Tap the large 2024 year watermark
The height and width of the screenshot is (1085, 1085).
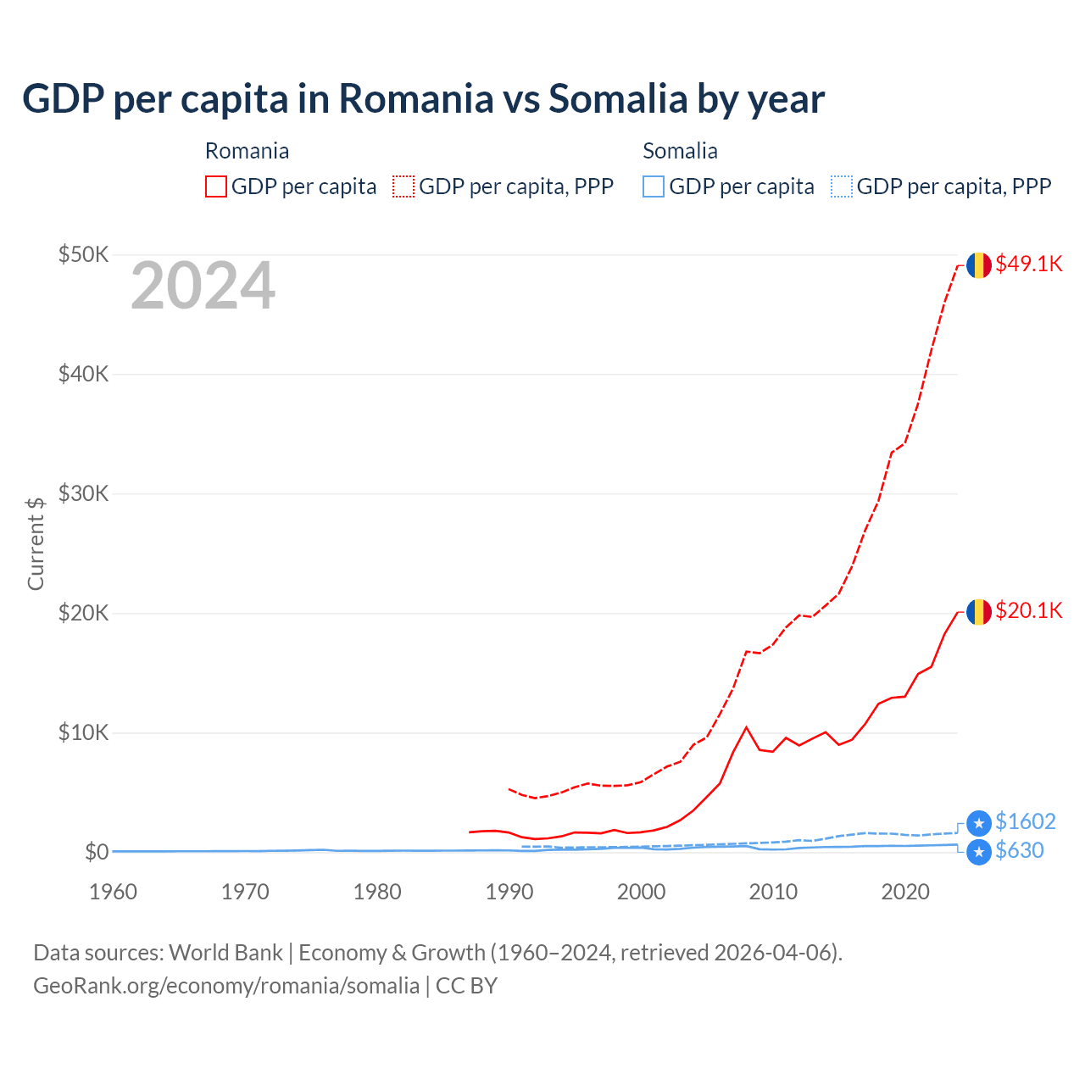point(203,287)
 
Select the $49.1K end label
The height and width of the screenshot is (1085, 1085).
point(1028,264)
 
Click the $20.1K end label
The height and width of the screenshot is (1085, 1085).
point(1028,610)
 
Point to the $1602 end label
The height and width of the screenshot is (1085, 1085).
point(1025,821)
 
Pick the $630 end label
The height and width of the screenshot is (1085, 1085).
point(1019,850)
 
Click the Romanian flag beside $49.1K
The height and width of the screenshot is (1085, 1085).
point(979,265)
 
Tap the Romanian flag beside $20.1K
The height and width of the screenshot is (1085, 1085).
point(979,612)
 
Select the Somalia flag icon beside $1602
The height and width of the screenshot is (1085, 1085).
point(979,823)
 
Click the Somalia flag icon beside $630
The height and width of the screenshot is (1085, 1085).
point(979,852)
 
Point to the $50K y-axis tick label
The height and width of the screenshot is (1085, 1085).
point(83,254)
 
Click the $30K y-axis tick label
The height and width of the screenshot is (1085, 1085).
point(83,493)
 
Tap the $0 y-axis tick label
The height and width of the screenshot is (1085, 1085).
point(97,852)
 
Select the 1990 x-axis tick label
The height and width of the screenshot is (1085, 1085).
point(509,892)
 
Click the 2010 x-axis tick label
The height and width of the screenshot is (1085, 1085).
point(773,892)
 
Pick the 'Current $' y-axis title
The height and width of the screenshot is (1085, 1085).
point(36,543)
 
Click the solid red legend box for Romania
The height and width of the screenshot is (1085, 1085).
point(216,186)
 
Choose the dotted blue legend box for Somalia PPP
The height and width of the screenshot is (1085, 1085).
point(842,186)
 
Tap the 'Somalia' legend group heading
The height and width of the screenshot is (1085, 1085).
point(680,151)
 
